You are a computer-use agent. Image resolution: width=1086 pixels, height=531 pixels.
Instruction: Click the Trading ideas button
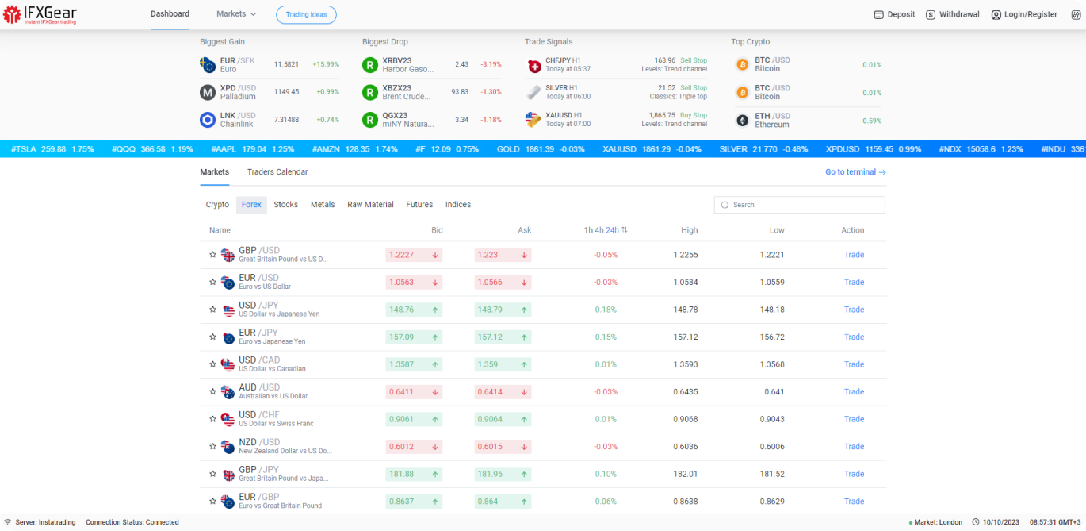306,14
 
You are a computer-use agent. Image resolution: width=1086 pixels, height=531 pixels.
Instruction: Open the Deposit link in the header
894,14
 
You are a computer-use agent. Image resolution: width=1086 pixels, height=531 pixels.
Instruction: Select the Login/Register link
1024,14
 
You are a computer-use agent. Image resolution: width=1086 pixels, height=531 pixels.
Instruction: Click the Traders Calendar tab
277,172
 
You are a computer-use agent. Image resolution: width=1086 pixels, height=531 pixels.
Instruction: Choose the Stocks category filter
285,205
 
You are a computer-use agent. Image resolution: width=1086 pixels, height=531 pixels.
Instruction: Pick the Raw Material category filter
370,205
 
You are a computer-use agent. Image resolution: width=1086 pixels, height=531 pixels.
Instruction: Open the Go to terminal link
855,172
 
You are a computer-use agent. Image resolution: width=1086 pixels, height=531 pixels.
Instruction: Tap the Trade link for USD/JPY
854,310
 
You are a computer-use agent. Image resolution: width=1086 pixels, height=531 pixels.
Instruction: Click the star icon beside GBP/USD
212,255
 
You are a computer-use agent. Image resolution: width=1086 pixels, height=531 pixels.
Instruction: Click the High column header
689,230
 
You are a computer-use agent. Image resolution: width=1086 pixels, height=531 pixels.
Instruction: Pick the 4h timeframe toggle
599,230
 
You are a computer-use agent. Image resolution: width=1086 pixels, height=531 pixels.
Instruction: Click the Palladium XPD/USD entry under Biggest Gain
238,92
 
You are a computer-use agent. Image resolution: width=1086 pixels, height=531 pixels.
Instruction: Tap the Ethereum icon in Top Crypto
742,121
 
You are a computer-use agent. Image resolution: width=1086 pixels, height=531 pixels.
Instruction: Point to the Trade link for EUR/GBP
854,502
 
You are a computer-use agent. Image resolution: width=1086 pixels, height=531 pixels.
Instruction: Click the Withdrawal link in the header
952,14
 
